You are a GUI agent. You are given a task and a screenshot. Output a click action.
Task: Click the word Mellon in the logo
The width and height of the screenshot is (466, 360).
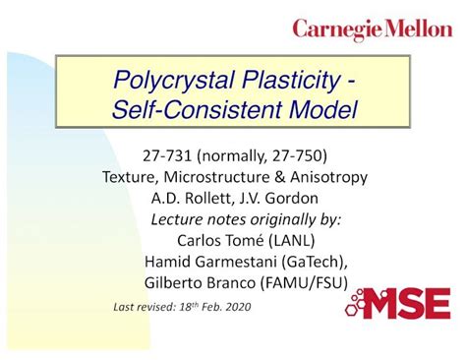[414, 30]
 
